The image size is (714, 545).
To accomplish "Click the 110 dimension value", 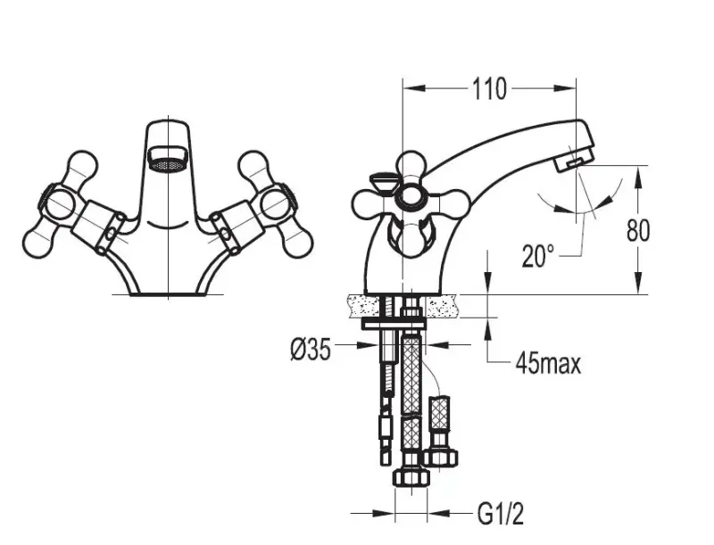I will (490, 89).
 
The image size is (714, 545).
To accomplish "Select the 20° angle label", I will (539, 256).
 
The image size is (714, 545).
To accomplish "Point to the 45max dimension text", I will (548, 363).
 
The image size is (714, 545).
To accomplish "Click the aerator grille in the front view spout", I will (169, 162).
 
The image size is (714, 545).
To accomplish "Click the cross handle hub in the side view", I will (411, 198).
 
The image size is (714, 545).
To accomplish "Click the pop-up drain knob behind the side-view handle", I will (379, 182).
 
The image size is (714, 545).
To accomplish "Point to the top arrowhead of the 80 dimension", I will (638, 172).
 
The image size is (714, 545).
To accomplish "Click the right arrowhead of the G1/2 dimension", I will (428, 514).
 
